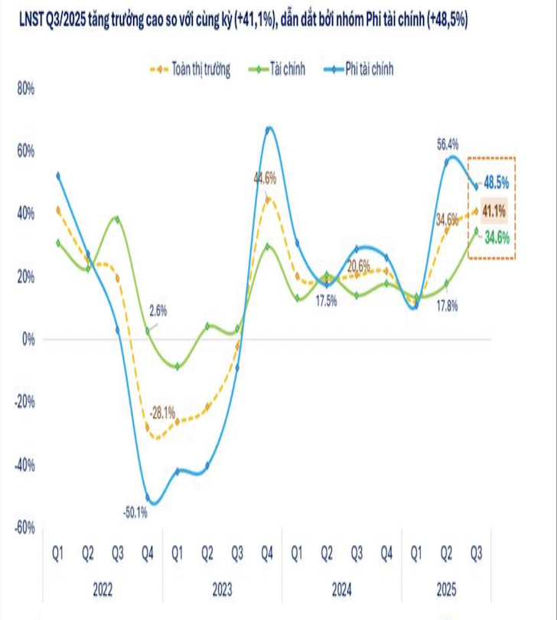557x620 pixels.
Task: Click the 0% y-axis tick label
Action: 28,339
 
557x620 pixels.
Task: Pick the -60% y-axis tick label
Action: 26,527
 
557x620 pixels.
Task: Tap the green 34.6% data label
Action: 496,238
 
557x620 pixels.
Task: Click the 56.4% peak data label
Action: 448,143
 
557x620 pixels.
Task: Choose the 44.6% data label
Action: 265,178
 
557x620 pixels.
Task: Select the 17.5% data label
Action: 326,301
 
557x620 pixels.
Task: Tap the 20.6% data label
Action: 359,266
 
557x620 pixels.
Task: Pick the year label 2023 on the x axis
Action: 222,591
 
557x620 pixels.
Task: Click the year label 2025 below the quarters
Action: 447,591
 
